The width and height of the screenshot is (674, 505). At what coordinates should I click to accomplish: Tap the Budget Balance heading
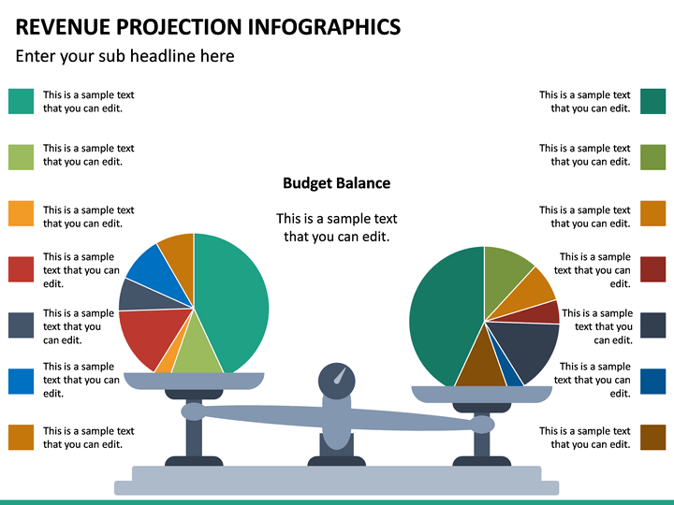coord(336,183)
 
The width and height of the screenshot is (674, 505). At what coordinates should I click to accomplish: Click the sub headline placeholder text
coord(125,56)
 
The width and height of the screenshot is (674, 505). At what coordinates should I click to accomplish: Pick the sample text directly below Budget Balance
coord(336,227)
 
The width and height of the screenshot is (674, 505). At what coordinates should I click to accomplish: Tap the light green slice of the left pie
coord(197,351)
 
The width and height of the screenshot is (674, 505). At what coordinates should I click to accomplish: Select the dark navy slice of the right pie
coord(524,346)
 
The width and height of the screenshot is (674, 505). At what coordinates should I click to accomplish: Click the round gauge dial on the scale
coord(337,382)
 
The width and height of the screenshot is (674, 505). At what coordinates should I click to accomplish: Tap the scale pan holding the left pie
coord(194,381)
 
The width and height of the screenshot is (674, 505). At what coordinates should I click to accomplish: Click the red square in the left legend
coord(22,269)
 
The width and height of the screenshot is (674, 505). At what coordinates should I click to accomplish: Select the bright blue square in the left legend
coord(22,381)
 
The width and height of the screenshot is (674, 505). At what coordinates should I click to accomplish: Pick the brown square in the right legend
coord(652,438)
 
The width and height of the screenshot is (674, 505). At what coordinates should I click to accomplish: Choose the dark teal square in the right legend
coord(652,101)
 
